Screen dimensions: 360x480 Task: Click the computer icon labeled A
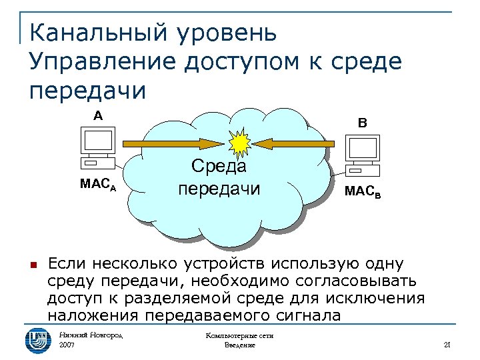[97, 148]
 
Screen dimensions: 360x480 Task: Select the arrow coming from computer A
[169, 143]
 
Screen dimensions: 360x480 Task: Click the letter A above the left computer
[98, 116]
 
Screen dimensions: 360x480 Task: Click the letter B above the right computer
[362, 123]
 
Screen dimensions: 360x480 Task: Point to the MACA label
[98, 185]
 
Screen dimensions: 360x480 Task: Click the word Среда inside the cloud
[218, 165]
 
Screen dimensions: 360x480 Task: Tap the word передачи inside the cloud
[219, 189]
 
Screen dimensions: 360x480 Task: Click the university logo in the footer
[37, 340]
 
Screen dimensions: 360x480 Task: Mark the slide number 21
[447, 345]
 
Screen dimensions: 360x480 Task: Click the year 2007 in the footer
[67, 345]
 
